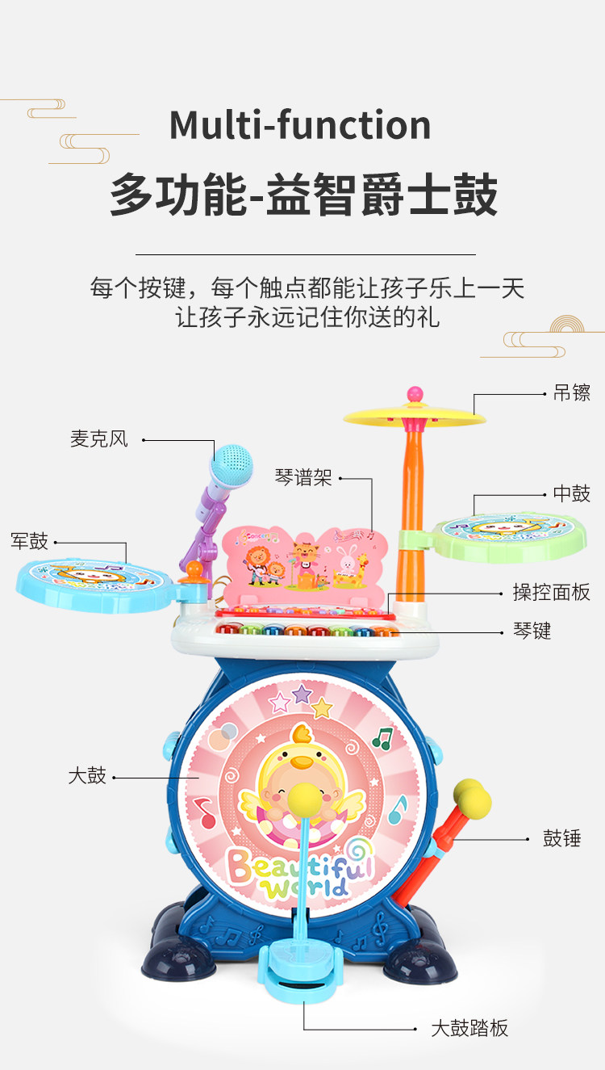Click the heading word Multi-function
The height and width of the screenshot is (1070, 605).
pos(300,126)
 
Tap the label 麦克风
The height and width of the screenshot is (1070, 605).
pos(98,439)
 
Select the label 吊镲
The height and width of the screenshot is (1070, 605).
pos(571,393)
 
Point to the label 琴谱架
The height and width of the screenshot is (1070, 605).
pos(303,478)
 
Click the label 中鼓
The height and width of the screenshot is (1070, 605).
pos(571,494)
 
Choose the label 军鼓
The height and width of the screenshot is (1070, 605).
pos(30,541)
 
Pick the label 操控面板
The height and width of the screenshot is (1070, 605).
pos(552,592)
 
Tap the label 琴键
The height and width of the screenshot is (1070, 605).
pos(532,631)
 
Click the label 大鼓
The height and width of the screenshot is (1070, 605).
pos(87,776)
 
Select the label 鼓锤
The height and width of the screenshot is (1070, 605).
pos(562,838)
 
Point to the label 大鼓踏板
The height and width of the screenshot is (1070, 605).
pos(469,1028)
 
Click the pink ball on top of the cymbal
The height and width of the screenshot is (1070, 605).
pos(415,394)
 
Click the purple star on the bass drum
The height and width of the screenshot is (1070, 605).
pos(302,694)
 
